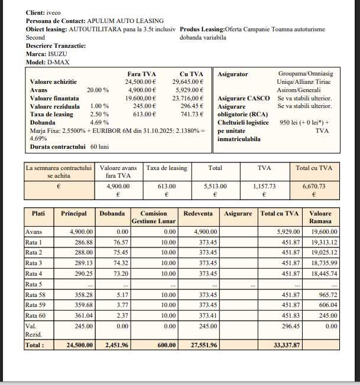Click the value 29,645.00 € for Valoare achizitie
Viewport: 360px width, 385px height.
187,81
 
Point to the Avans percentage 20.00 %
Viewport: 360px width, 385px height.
98,90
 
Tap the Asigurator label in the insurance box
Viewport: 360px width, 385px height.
233,74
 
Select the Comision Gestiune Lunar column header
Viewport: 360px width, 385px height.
153,217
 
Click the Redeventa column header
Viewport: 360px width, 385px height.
199,214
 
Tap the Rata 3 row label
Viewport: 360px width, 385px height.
34,263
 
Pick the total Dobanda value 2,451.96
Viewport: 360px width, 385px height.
116,345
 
